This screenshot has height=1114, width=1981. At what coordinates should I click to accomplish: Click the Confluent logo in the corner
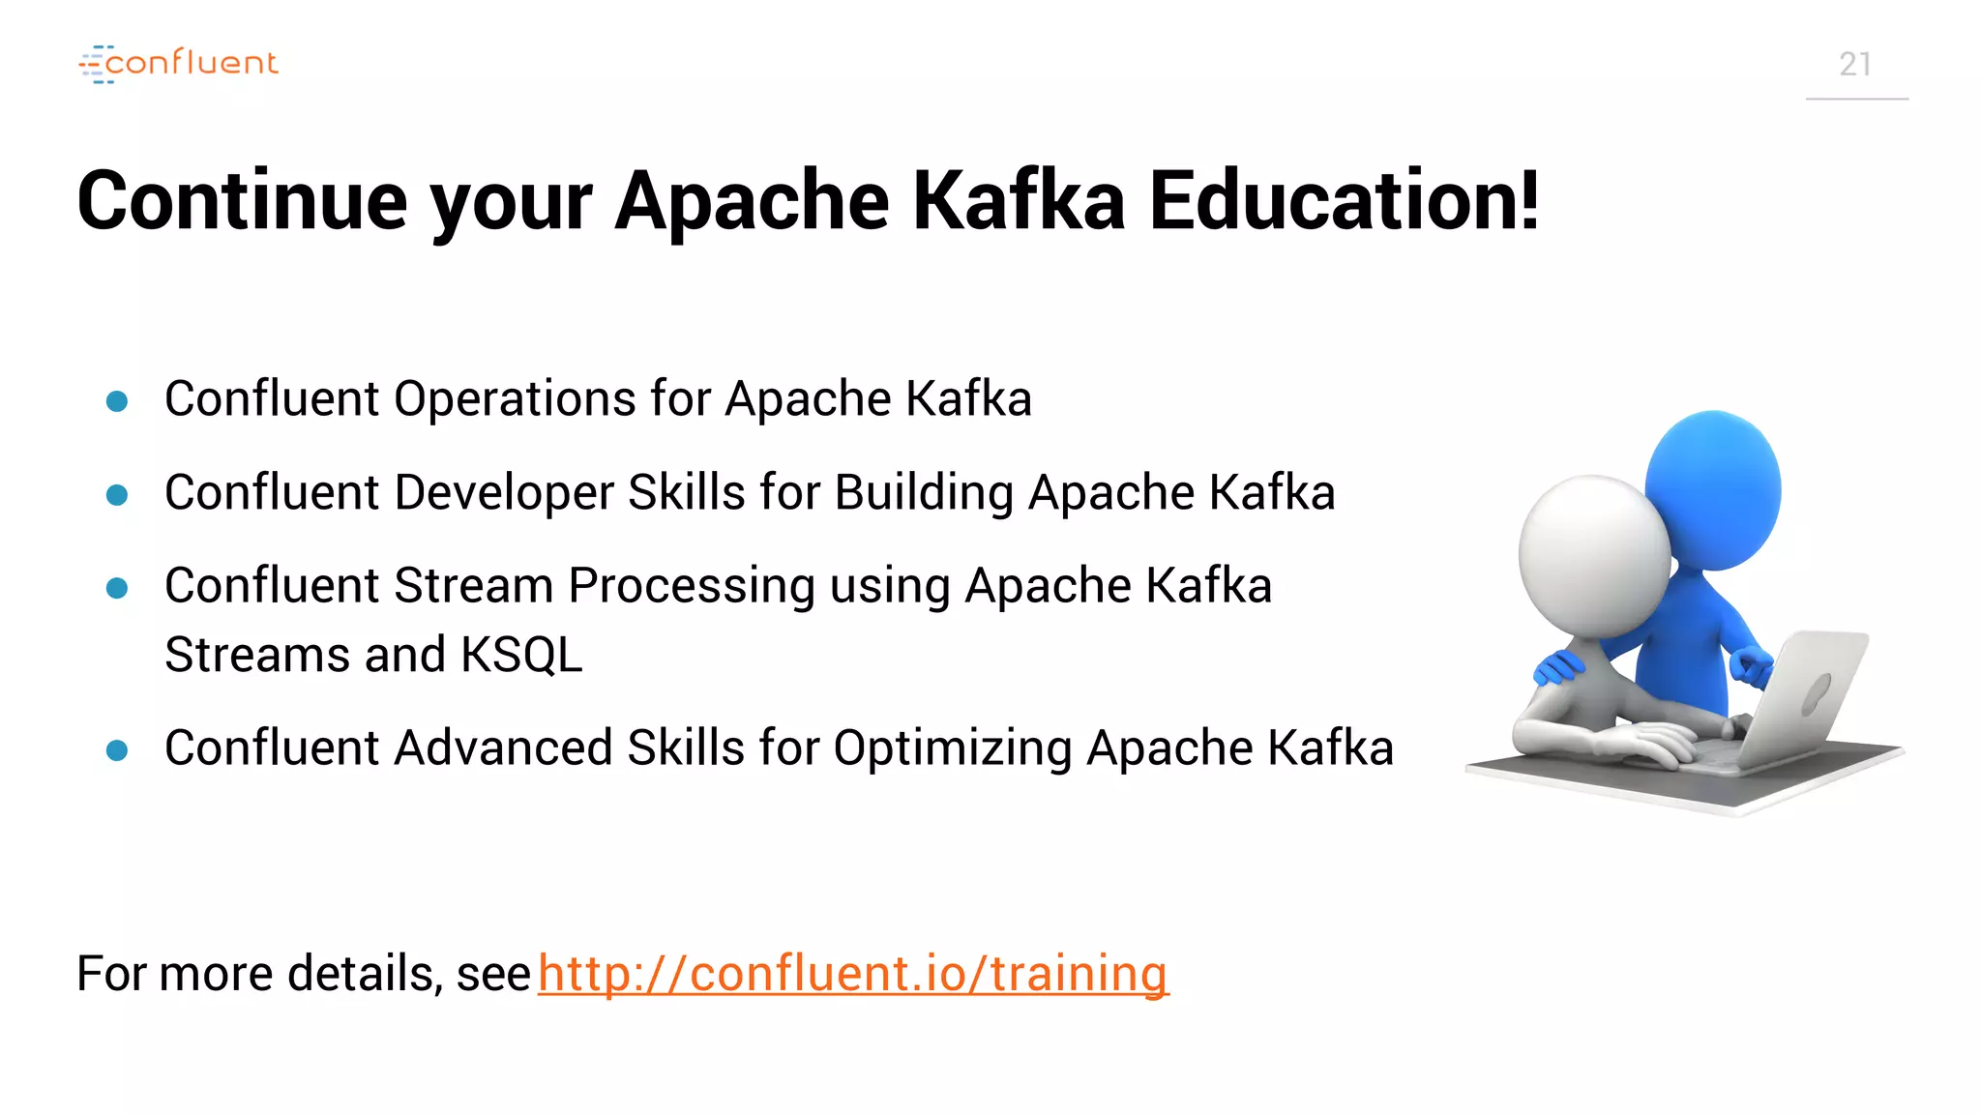[179, 64]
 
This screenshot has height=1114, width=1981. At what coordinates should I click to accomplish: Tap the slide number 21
[1854, 65]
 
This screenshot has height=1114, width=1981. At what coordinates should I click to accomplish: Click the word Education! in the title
[1344, 201]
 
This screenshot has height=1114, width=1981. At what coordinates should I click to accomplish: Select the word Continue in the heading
[243, 201]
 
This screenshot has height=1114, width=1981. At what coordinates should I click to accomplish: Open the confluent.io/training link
[852, 973]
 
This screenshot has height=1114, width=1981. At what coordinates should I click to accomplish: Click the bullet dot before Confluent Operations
[117, 401]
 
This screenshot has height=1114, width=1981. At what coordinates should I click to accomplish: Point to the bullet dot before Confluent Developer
[117, 495]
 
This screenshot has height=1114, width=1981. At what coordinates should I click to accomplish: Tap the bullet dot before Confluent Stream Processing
[117, 588]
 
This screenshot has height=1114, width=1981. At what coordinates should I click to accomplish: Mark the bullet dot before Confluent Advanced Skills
[117, 750]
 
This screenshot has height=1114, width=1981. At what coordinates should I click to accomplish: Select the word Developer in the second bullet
[503, 493]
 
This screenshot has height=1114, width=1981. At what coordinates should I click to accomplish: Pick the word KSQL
[521, 656]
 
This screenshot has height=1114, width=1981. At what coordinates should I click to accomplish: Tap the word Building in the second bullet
[924, 493]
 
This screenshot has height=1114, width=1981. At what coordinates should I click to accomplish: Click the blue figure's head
[1714, 488]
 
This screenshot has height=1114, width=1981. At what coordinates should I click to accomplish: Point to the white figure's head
[1593, 555]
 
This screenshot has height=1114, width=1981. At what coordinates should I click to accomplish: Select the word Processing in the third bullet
[692, 587]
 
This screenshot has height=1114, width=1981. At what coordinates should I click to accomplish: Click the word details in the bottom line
[359, 973]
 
